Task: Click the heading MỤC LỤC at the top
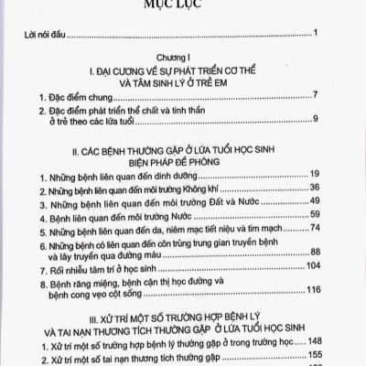tap(182, 5)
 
